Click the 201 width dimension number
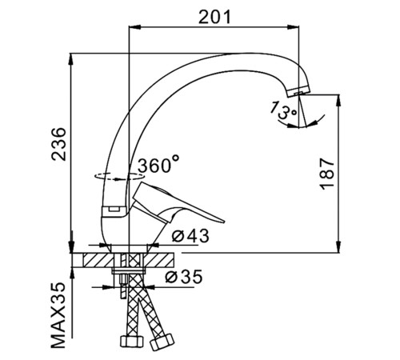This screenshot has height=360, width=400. (x=214, y=17)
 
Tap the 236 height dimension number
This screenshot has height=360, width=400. (x=58, y=144)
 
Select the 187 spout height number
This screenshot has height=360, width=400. (x=327, y=174)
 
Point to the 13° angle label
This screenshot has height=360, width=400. (x=279, y=110)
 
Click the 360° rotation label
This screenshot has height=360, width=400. (x=158, y=165)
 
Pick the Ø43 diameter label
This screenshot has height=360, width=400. (x=190, y=236)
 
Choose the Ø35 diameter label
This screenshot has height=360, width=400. (x=184, y=277)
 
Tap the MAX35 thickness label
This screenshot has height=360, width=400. (x=58, y=315)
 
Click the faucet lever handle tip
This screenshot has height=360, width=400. (x=224, y=221)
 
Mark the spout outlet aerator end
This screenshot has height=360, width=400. (x=298, y=92)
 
